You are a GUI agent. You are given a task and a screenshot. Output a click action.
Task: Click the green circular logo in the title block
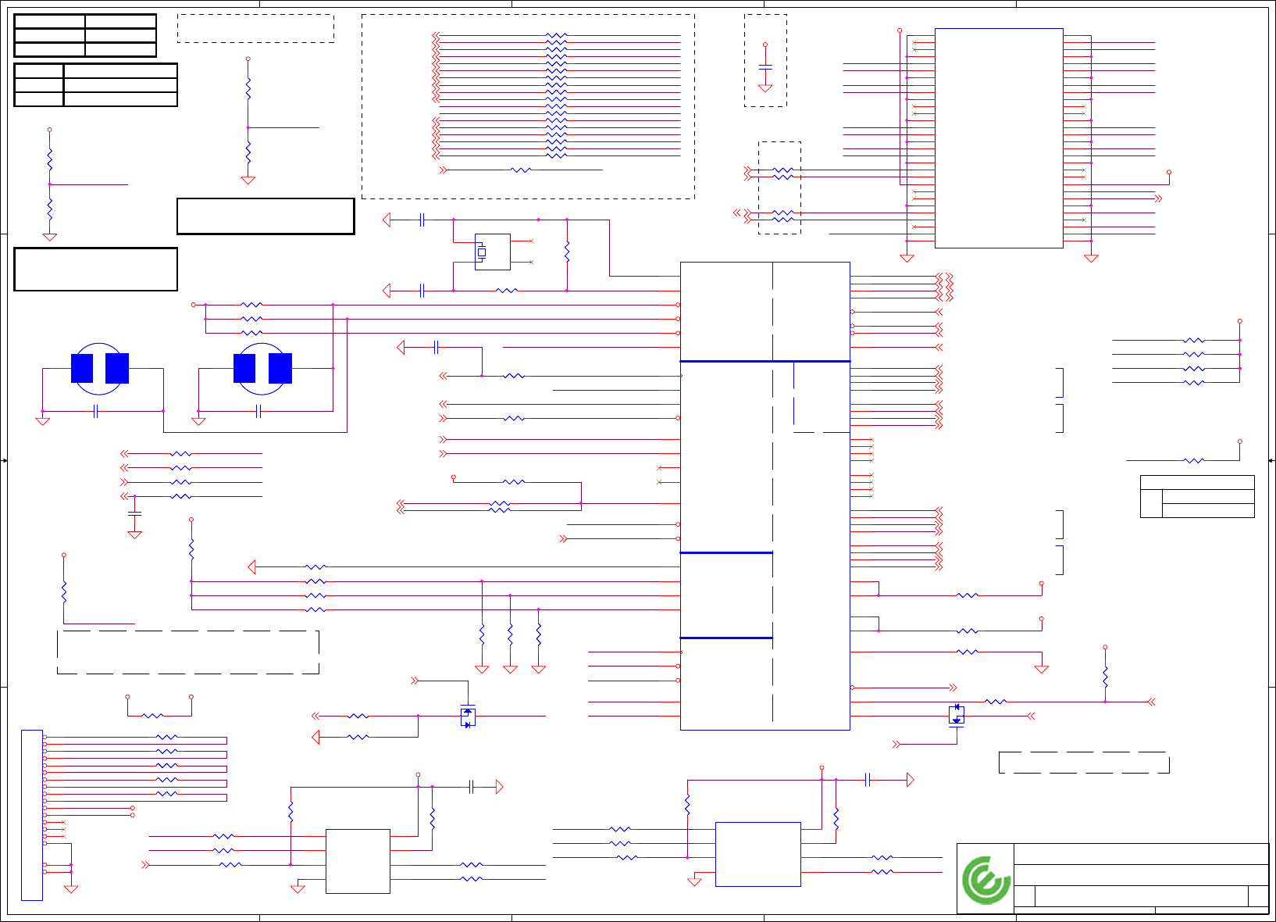click(986, 880)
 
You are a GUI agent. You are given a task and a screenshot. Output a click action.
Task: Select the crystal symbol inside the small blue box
click(482, 252)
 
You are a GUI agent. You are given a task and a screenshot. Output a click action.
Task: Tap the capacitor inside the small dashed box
click(765, 68)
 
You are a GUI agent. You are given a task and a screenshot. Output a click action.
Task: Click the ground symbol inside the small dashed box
click(765, 88)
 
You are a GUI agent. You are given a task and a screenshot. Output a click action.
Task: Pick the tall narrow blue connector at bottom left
click(32, 815)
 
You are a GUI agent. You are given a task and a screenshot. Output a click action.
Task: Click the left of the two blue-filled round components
click(99, 368)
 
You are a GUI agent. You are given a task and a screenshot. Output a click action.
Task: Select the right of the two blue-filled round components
click(262, 368)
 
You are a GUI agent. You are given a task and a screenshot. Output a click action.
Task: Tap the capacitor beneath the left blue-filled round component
click(95, 411)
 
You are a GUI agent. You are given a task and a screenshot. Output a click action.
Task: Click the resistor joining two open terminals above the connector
click(153, 716)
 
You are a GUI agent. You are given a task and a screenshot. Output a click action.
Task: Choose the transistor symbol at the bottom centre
click(468, 717)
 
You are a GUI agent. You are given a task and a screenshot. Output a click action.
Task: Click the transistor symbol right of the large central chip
click(957, 715)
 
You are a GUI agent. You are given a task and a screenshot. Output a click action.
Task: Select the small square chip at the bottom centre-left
click(358, 861)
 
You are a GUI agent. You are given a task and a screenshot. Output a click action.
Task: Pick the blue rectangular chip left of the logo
click(757, 854)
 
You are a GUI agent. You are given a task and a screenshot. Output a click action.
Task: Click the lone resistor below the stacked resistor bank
click(520, 170)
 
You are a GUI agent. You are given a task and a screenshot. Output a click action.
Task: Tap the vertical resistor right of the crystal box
click(567, 252)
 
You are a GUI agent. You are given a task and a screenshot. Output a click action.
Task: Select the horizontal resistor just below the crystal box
click(507, 291)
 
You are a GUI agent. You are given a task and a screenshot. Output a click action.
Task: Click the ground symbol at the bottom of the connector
click(71, 888)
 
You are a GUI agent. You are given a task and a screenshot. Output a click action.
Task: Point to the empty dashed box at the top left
click(255, 28)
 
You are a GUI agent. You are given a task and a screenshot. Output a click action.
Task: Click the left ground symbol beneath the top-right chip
click(907, 258)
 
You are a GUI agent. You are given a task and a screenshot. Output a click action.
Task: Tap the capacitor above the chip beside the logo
click(868, 780)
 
